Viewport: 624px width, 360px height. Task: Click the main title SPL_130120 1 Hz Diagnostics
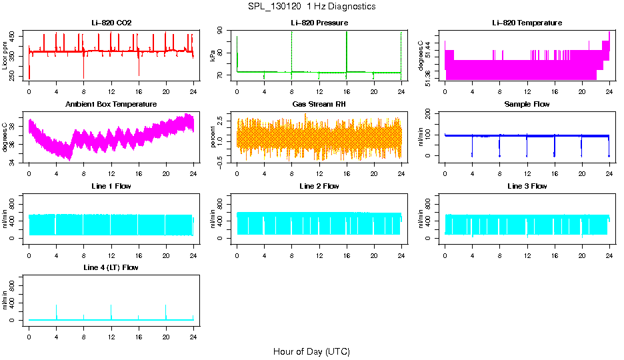pyautogui.click(x=311, y=6)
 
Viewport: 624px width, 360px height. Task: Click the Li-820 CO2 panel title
pyautogui.click(x=111, y=23)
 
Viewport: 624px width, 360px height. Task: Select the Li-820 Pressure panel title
pyautogui.click(x=319, y=23)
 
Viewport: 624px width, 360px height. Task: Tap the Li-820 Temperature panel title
pyautogui.click(x=527, y=23)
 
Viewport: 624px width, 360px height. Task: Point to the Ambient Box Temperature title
pyautogui.click(x=111, y=104)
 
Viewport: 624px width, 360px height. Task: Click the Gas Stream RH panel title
pyautogui.click(x=319, y=104)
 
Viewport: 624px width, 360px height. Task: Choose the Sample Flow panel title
pyautogui.click(x=527, y=104)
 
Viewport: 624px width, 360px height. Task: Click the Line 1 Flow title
pyautogui.click(x=111, y=185)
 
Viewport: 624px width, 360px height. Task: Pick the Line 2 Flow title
pyautogui.click(x=319, y=185)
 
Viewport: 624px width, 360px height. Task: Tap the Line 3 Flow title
pyautogui.click(x=527, y=185)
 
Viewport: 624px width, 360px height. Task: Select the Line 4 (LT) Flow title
pyautogui.click(x=111, y=267)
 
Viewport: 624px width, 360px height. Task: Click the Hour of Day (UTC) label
pyautogui.click(x=311, y=351)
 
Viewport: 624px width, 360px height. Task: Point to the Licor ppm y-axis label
pyautogui.click(x=5, y=56)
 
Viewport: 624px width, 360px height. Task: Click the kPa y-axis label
pyautogui.click(x=213, y=56)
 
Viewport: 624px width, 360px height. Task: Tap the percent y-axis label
pyautogui.click(x=213, y=137)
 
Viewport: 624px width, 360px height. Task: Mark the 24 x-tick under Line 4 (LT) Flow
pyautogui.click(x=193, y=336)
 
